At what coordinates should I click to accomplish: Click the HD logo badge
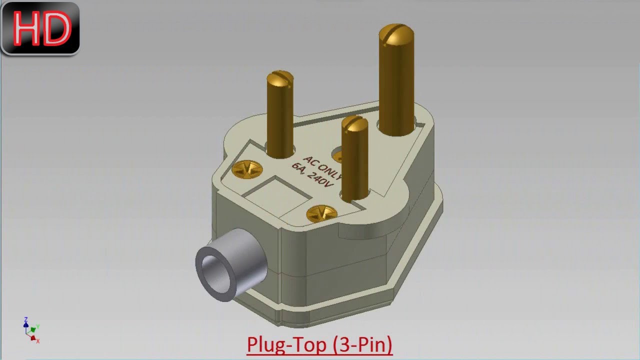[x=40, y=28]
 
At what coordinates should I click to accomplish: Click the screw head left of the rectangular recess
[x=247, y=170]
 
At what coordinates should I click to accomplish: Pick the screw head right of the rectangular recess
[x=321, y=213]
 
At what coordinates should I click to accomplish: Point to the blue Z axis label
[x=25, y=318]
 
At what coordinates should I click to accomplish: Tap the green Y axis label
[x=37, y=327]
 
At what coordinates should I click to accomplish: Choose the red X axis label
[x=37, y=341]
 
